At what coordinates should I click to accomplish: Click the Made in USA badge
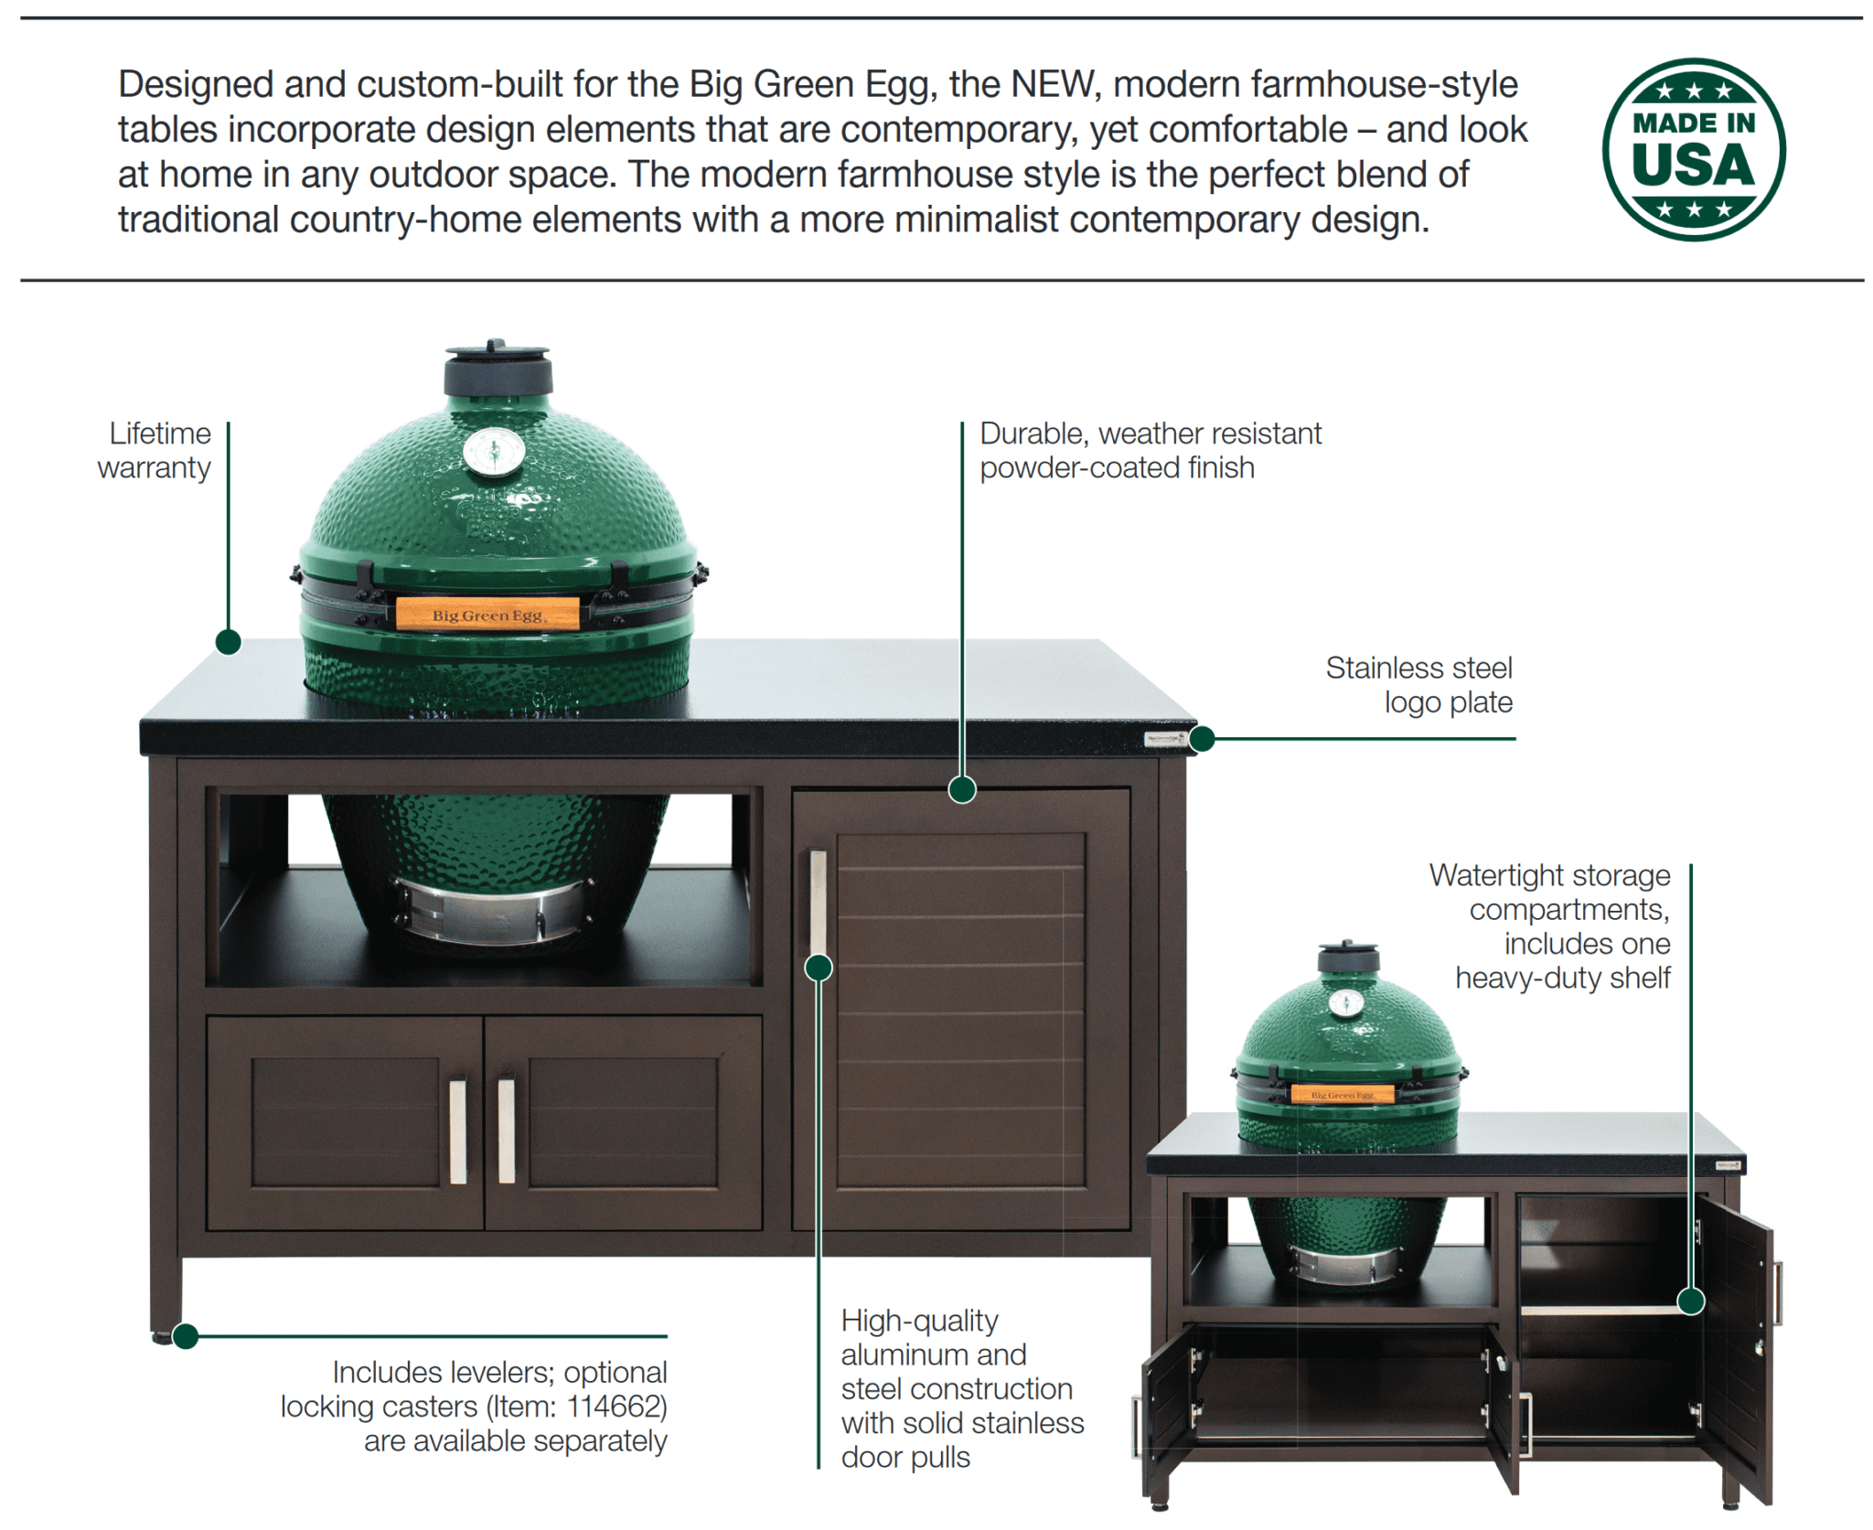pos(1693,149)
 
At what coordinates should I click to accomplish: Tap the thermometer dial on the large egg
pos(494,451)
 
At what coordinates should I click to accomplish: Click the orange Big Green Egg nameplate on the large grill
pos(487,614)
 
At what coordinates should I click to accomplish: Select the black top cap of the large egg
pos(498,367)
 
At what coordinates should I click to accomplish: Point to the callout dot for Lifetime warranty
pos(228,642)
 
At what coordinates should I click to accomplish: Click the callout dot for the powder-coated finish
pos(961,789)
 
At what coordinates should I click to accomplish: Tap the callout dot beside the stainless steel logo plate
pos(1202,738)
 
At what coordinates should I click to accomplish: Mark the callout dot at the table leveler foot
pos(186,1336)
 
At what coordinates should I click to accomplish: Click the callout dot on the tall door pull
pos(819,967)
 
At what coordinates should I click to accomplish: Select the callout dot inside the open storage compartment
pos(1691,1300)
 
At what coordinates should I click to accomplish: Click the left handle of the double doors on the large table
pos(457,1131)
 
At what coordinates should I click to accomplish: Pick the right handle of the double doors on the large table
pos(506,1131)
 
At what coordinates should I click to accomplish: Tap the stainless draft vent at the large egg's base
pos(495,911)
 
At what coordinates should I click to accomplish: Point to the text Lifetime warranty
pos(155,450)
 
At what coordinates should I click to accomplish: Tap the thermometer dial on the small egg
pos(1345,1003)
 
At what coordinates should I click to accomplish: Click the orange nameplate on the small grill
pos(1342,1094)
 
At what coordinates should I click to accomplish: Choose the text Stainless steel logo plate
pos(1418,685)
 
